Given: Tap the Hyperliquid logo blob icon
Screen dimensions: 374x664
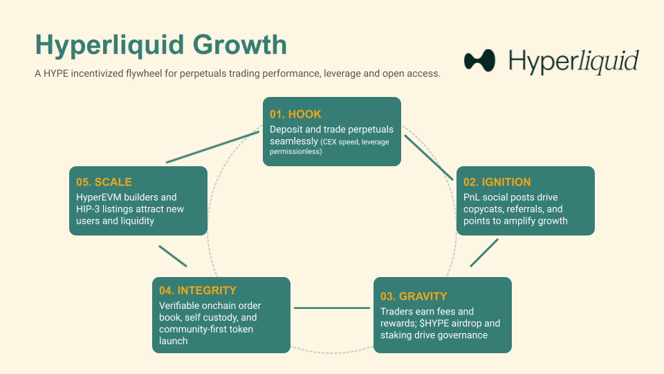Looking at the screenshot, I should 480,61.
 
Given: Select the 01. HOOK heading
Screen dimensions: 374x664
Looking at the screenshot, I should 295,114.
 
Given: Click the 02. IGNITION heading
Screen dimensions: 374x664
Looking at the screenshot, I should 497,183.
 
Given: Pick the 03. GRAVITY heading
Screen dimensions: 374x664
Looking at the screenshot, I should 414,296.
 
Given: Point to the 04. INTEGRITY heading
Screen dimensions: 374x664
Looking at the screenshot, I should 198,290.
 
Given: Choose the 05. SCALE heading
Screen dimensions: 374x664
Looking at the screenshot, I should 104,183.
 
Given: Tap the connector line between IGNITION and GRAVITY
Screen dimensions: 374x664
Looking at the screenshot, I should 484,253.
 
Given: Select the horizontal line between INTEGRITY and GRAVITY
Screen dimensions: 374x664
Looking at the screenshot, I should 332,308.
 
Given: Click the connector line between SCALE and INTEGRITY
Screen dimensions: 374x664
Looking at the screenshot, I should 173,256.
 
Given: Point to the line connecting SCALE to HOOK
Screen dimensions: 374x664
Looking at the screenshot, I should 212,148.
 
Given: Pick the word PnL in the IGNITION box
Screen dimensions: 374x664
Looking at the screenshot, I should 472,197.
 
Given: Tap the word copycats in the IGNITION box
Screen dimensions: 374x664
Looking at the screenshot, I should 484,209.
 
